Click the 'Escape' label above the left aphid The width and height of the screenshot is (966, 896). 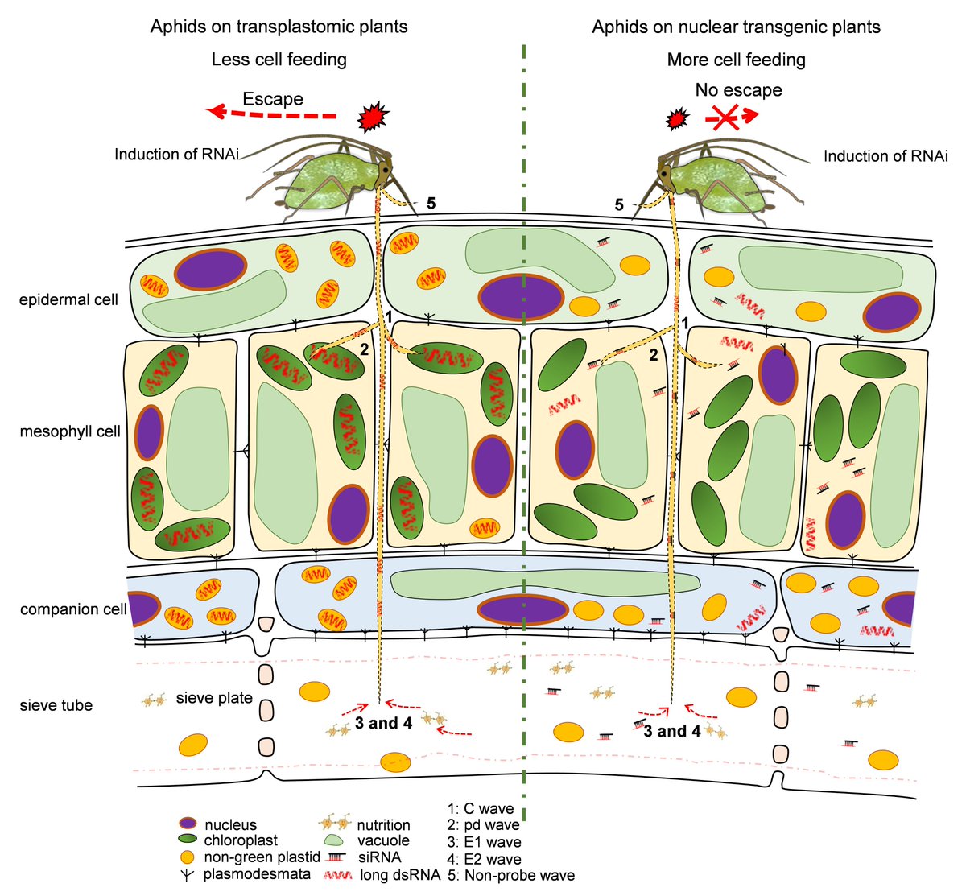coord(273,99)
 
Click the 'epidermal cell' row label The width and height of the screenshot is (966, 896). coord(68,300)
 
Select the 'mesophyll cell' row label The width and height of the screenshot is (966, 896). coord(70,431)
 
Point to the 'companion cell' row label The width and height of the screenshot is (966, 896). coord(73,609)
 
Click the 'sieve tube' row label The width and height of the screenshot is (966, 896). coord(56,705)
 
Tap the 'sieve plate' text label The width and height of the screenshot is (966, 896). coord(214,698)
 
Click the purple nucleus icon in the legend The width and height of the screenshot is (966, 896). coord(188,824)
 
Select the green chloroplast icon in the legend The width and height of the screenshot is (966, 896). coord(188,840)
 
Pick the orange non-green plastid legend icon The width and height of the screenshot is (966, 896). coord(188,857)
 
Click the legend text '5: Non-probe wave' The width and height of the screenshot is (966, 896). coord(511,876)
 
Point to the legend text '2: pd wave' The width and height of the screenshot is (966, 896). coord(483,825)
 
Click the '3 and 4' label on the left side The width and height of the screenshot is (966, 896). coord(383,723)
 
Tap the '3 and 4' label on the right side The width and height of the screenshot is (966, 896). coord(671,731)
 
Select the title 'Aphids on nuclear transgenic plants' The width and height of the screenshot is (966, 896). coord(736,27)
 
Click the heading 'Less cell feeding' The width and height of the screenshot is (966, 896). coord(279,60)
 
